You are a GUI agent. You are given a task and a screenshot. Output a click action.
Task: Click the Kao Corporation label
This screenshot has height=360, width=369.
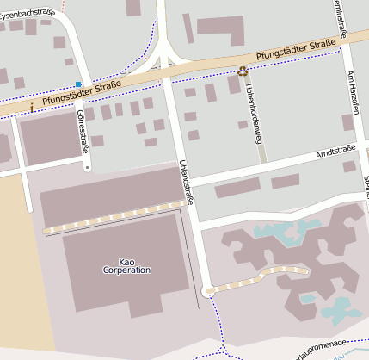(x=126, y=265)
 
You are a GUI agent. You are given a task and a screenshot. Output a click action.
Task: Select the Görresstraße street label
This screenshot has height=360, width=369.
(x=83, y=132)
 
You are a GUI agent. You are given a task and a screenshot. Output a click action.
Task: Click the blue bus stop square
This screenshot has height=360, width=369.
(x=78, y=84)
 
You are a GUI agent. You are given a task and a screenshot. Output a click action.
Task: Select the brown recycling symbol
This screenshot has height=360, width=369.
(x=243, y=72)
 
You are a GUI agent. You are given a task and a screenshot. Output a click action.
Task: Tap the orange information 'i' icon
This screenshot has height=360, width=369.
(x=32, y=107)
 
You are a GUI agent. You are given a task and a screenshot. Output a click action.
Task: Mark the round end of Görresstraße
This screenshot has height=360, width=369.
(x=87, y=167)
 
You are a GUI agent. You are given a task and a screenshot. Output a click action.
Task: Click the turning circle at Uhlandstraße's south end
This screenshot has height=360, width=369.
(x=207, y=290)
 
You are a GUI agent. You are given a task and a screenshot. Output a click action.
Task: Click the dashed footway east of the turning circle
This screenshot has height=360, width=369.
(x=258, y=277)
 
